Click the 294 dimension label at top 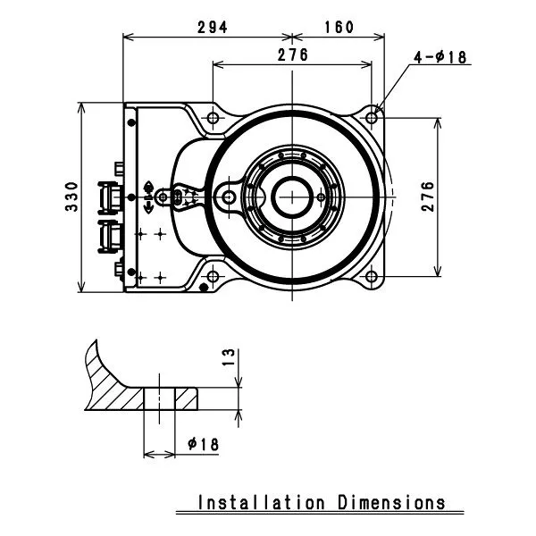pos(212,27)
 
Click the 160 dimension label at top pos(339,27)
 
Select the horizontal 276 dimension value pos(292,54)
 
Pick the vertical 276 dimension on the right pos(426,196)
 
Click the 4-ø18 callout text pos(440,57)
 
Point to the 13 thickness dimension pos(228,358)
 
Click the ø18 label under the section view pos(204,443)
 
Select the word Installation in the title pos(261,502)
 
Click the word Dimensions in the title pos(391,502)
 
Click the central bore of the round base pos(292,196)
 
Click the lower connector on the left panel pos(113,234)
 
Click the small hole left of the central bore pos(230,196)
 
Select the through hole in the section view pos(159,398)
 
